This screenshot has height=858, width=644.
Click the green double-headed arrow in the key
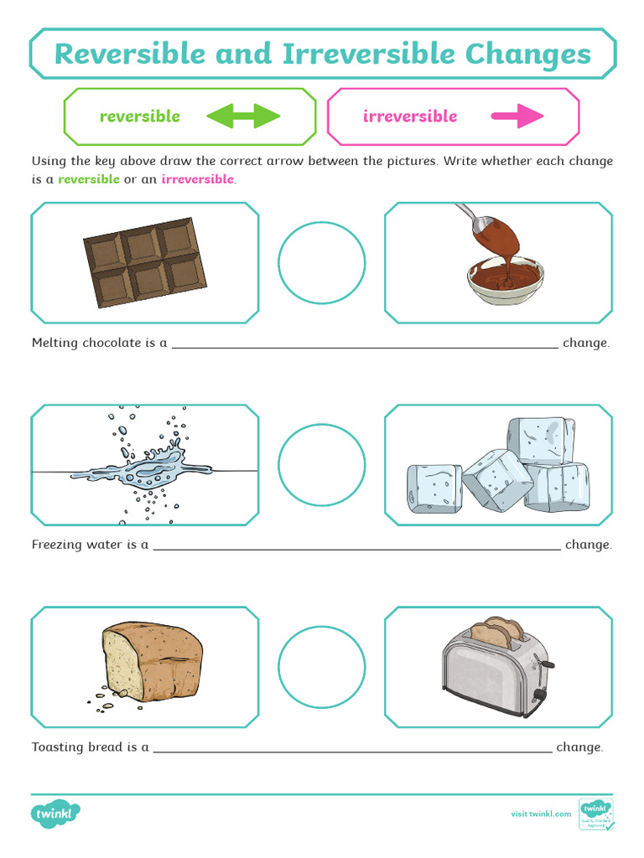click(242, 116)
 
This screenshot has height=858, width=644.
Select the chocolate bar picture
click(145, 262)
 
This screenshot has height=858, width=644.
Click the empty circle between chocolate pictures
click(322, 262)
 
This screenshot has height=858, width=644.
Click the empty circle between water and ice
click(322, 465)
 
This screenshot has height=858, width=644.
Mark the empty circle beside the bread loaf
click(322, 668)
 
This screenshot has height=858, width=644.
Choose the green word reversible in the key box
click(140, 116)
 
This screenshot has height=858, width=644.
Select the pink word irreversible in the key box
click(410, 116)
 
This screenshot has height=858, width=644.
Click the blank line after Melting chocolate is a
click(365, 344)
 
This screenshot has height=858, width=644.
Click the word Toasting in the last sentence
click(58, 747)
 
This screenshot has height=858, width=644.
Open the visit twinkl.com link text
click(541, 814)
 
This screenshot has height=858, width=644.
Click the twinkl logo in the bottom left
click(56, 814)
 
